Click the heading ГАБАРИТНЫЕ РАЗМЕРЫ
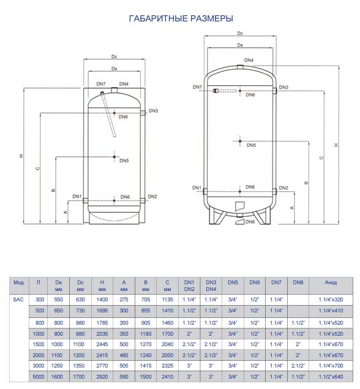(x=181, y=18)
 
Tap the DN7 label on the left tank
(x=101, y=84)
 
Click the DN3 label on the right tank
(x=283, y=88)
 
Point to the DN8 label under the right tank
(x=250, y=222)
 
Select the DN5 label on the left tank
(x=124, y=161)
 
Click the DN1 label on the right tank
(x=197, y=188)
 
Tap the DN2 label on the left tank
(x=152, y=197)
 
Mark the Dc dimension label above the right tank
(x=240, y=33)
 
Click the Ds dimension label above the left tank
(x=114, y=69)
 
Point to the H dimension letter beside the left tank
(x=21, y=156)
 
